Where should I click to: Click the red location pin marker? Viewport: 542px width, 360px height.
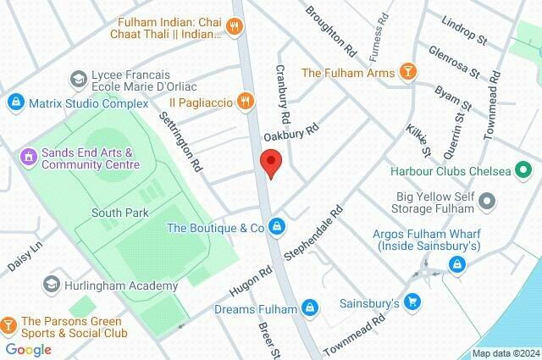[270, 163]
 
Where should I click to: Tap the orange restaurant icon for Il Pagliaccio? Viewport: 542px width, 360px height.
[246, 101]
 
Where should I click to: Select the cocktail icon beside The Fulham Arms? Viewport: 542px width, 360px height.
[407, 73]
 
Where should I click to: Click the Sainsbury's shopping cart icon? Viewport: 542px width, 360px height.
[412, 302]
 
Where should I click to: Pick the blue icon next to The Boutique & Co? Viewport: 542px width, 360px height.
[277, 227]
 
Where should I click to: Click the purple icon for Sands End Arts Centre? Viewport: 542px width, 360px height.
[28, 156]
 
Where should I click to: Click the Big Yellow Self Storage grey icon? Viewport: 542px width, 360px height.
[487, 202]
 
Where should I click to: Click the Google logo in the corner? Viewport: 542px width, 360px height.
[28, 349]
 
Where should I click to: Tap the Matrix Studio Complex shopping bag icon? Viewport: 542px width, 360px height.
[14, 103]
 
